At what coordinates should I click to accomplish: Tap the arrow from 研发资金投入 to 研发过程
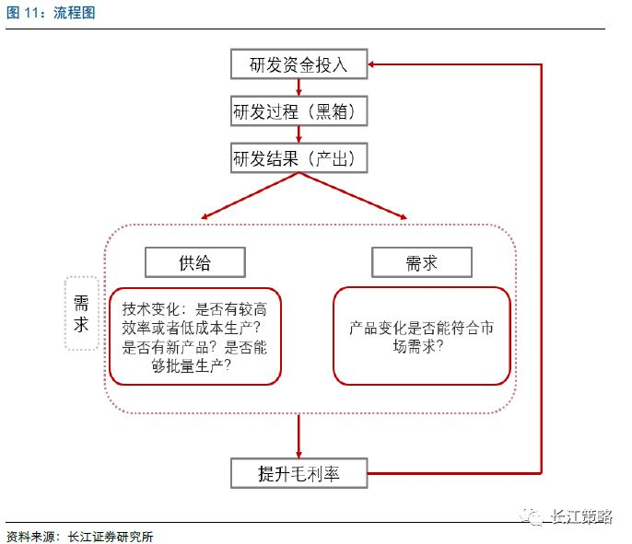tap(298, 87)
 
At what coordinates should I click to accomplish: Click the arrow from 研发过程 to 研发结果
tap(298, 134)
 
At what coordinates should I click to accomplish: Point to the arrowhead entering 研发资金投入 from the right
tap(371, 64)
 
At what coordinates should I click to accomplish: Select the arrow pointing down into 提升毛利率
tap(298, 436)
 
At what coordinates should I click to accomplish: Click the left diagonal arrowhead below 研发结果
tap(205, 216)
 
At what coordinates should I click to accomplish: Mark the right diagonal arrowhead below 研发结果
tap(404, 216)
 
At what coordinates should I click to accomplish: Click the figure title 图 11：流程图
tap(51, 13)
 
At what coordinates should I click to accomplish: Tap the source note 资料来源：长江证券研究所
tap(79, 537)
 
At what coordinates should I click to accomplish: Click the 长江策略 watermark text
tap(581, 516)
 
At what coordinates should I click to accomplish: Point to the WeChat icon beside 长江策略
tap(532, 516)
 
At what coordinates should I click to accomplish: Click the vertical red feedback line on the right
tap(541, 269)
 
